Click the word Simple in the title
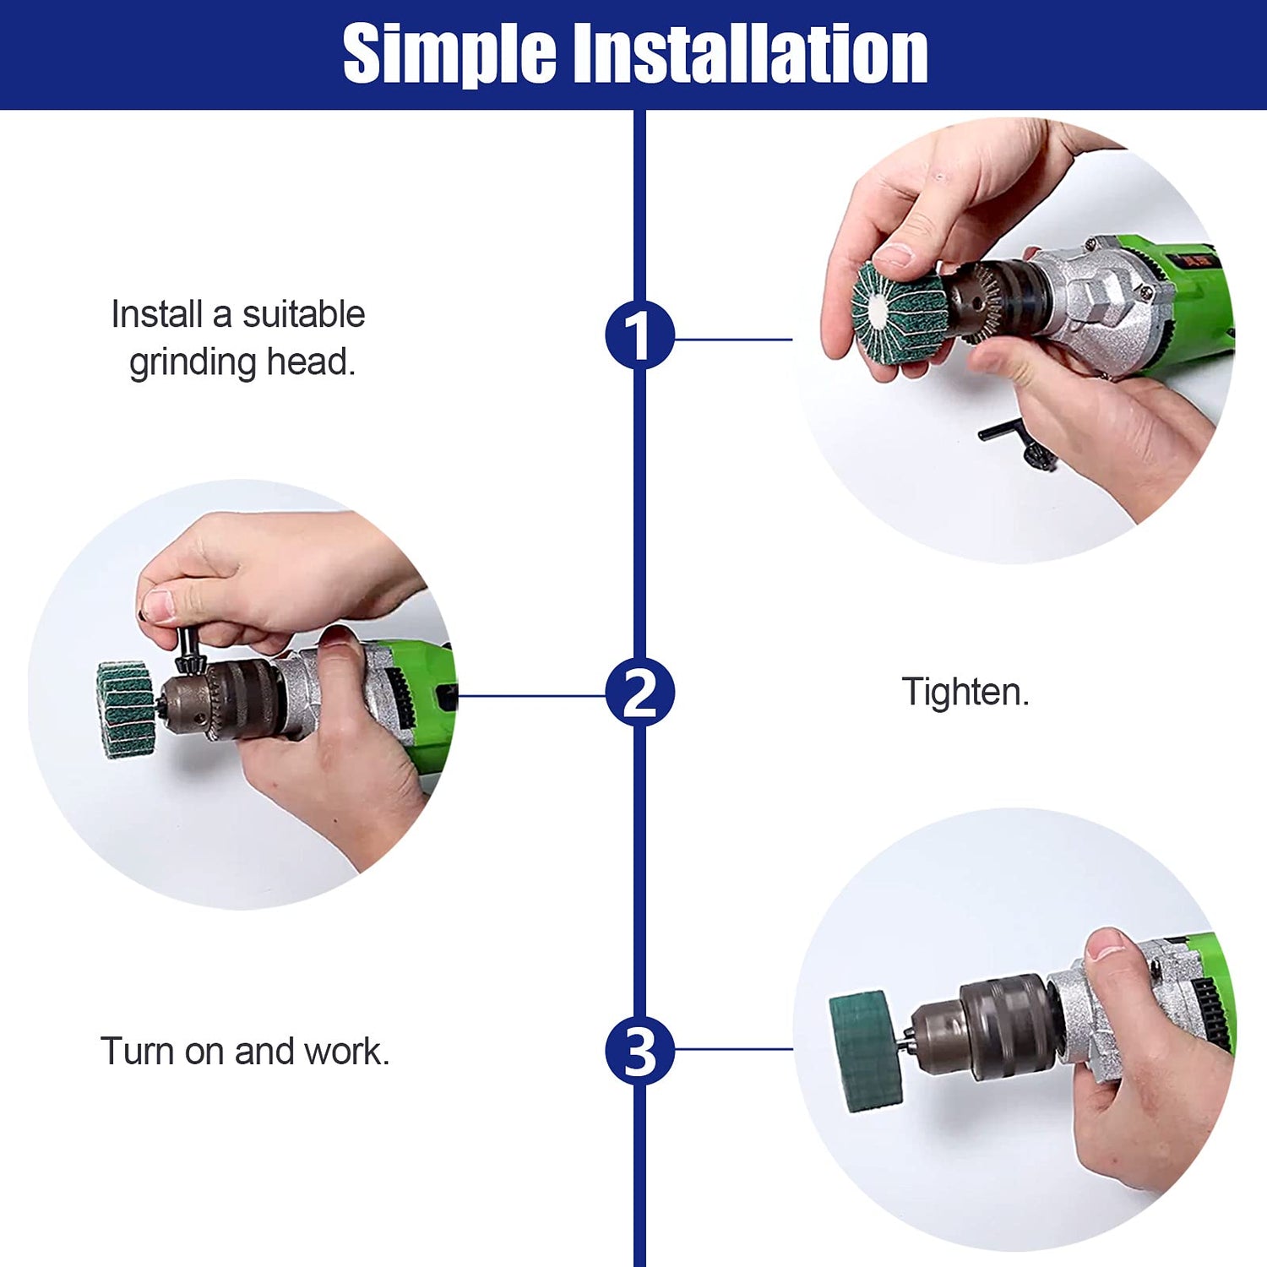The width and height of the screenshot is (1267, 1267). tap(449, 55)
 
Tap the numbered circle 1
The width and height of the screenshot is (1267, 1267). tap(639, 334)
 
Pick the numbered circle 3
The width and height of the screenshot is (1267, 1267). tap(639, 1051)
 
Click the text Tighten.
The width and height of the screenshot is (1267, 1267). tap(965, 692)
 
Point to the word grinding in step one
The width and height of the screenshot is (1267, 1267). tap(193, 363)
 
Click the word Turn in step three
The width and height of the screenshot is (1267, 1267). tap(138, 1052)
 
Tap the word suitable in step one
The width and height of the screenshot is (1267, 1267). tap(304, 314)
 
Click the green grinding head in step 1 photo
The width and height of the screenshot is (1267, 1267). tap(897, 313)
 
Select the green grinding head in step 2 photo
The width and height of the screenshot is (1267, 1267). tap(127, 710)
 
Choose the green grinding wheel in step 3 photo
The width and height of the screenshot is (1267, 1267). tap(865, 1049)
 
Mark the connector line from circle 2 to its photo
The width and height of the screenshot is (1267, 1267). tap(531, 696)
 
